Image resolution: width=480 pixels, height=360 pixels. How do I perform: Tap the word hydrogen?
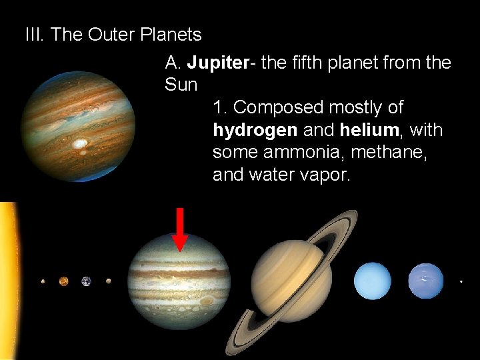[255, 129]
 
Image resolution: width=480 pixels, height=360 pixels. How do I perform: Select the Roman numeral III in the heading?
[34, 34]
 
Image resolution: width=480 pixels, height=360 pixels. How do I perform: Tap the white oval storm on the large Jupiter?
[80, 143]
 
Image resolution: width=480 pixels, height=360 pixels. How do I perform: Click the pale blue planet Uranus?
[373, 281]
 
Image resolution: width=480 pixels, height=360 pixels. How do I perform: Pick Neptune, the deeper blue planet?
[425, 281]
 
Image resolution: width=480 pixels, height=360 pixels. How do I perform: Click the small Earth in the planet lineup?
[86, 281]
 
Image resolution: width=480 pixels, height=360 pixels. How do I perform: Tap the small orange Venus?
[63, 281]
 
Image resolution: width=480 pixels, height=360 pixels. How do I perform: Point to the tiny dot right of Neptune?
[461, 281]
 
